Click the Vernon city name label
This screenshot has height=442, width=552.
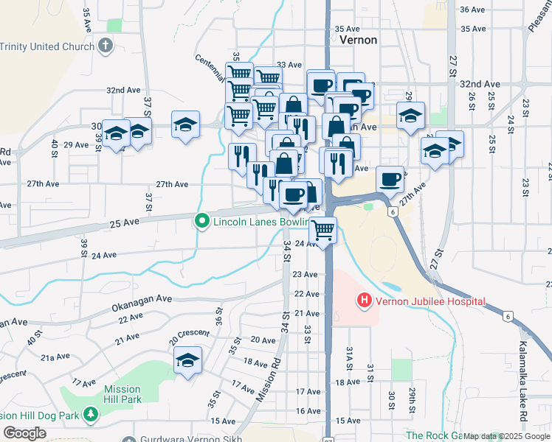[x=359, y=41]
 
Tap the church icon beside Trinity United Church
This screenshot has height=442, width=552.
[x=106, y=46]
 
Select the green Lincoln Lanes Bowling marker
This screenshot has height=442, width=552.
[x=201, y=221]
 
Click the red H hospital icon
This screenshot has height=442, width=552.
[x=364, y=301]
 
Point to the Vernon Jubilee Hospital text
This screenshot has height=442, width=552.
[x=431, y=301]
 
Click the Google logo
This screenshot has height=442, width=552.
[x=24, y=433]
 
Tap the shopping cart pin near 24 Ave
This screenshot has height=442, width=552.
[x=322, y=231]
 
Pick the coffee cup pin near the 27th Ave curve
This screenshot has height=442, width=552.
[x=390, y=179]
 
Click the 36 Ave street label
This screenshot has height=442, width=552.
[x=472, y=10]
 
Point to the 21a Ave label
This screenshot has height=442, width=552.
[x=55, y=357]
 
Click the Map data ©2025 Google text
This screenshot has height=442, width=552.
[x=506, y=436]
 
